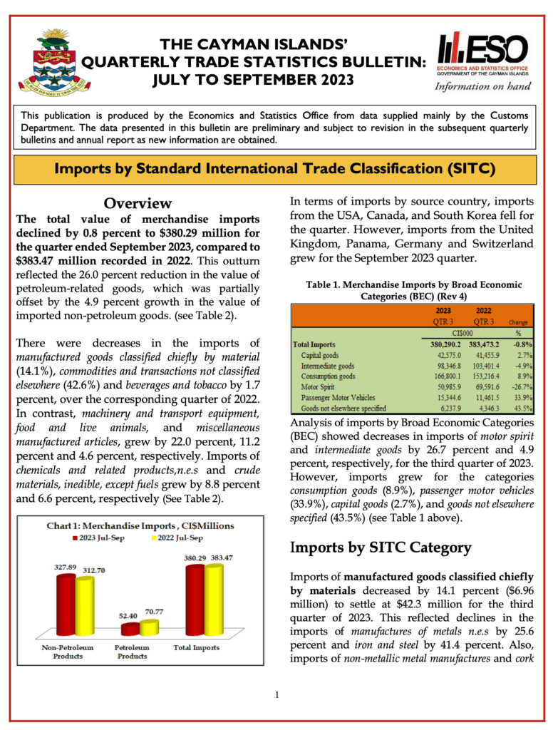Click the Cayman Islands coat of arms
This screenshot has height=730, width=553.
point(53,63)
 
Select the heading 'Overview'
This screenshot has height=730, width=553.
point(138,204)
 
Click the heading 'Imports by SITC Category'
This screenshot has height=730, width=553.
point(380,547)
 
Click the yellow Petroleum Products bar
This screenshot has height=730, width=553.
point(149,627)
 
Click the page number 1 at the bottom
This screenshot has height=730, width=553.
point(276,696)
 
